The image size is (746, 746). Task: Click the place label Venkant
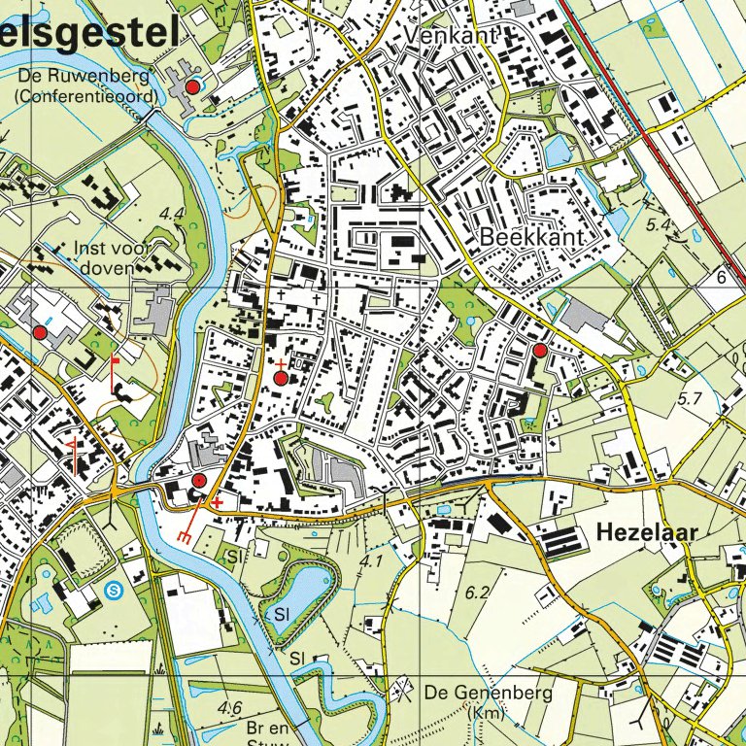pyautogui.click(x=454, y=35)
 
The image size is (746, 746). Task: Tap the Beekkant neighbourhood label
pyautogui.click(x=531, y=238)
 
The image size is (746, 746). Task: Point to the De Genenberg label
pyautogui.click(x=489, y=694)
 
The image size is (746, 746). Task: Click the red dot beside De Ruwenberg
pyautogui.click(x=192, y=87)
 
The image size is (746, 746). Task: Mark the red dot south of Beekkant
pyautogui.click(x=539, y=350)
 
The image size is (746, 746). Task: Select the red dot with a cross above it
pyautogui.click(x=282, y=377)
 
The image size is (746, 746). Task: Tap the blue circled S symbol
pyautogui.click(x=115, y=589)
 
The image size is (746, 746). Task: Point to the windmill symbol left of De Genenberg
pyautogui.click(x=400, y=692)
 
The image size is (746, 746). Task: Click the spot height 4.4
pyautogui.click(x=174, y=213)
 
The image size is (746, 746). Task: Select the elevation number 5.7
pyautogui.click(x=690, y=398)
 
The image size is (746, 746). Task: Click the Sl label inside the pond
pyautogui.click(x=283, y=615)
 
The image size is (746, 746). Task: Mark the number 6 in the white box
pyautogui.click(x=722, y=278)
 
